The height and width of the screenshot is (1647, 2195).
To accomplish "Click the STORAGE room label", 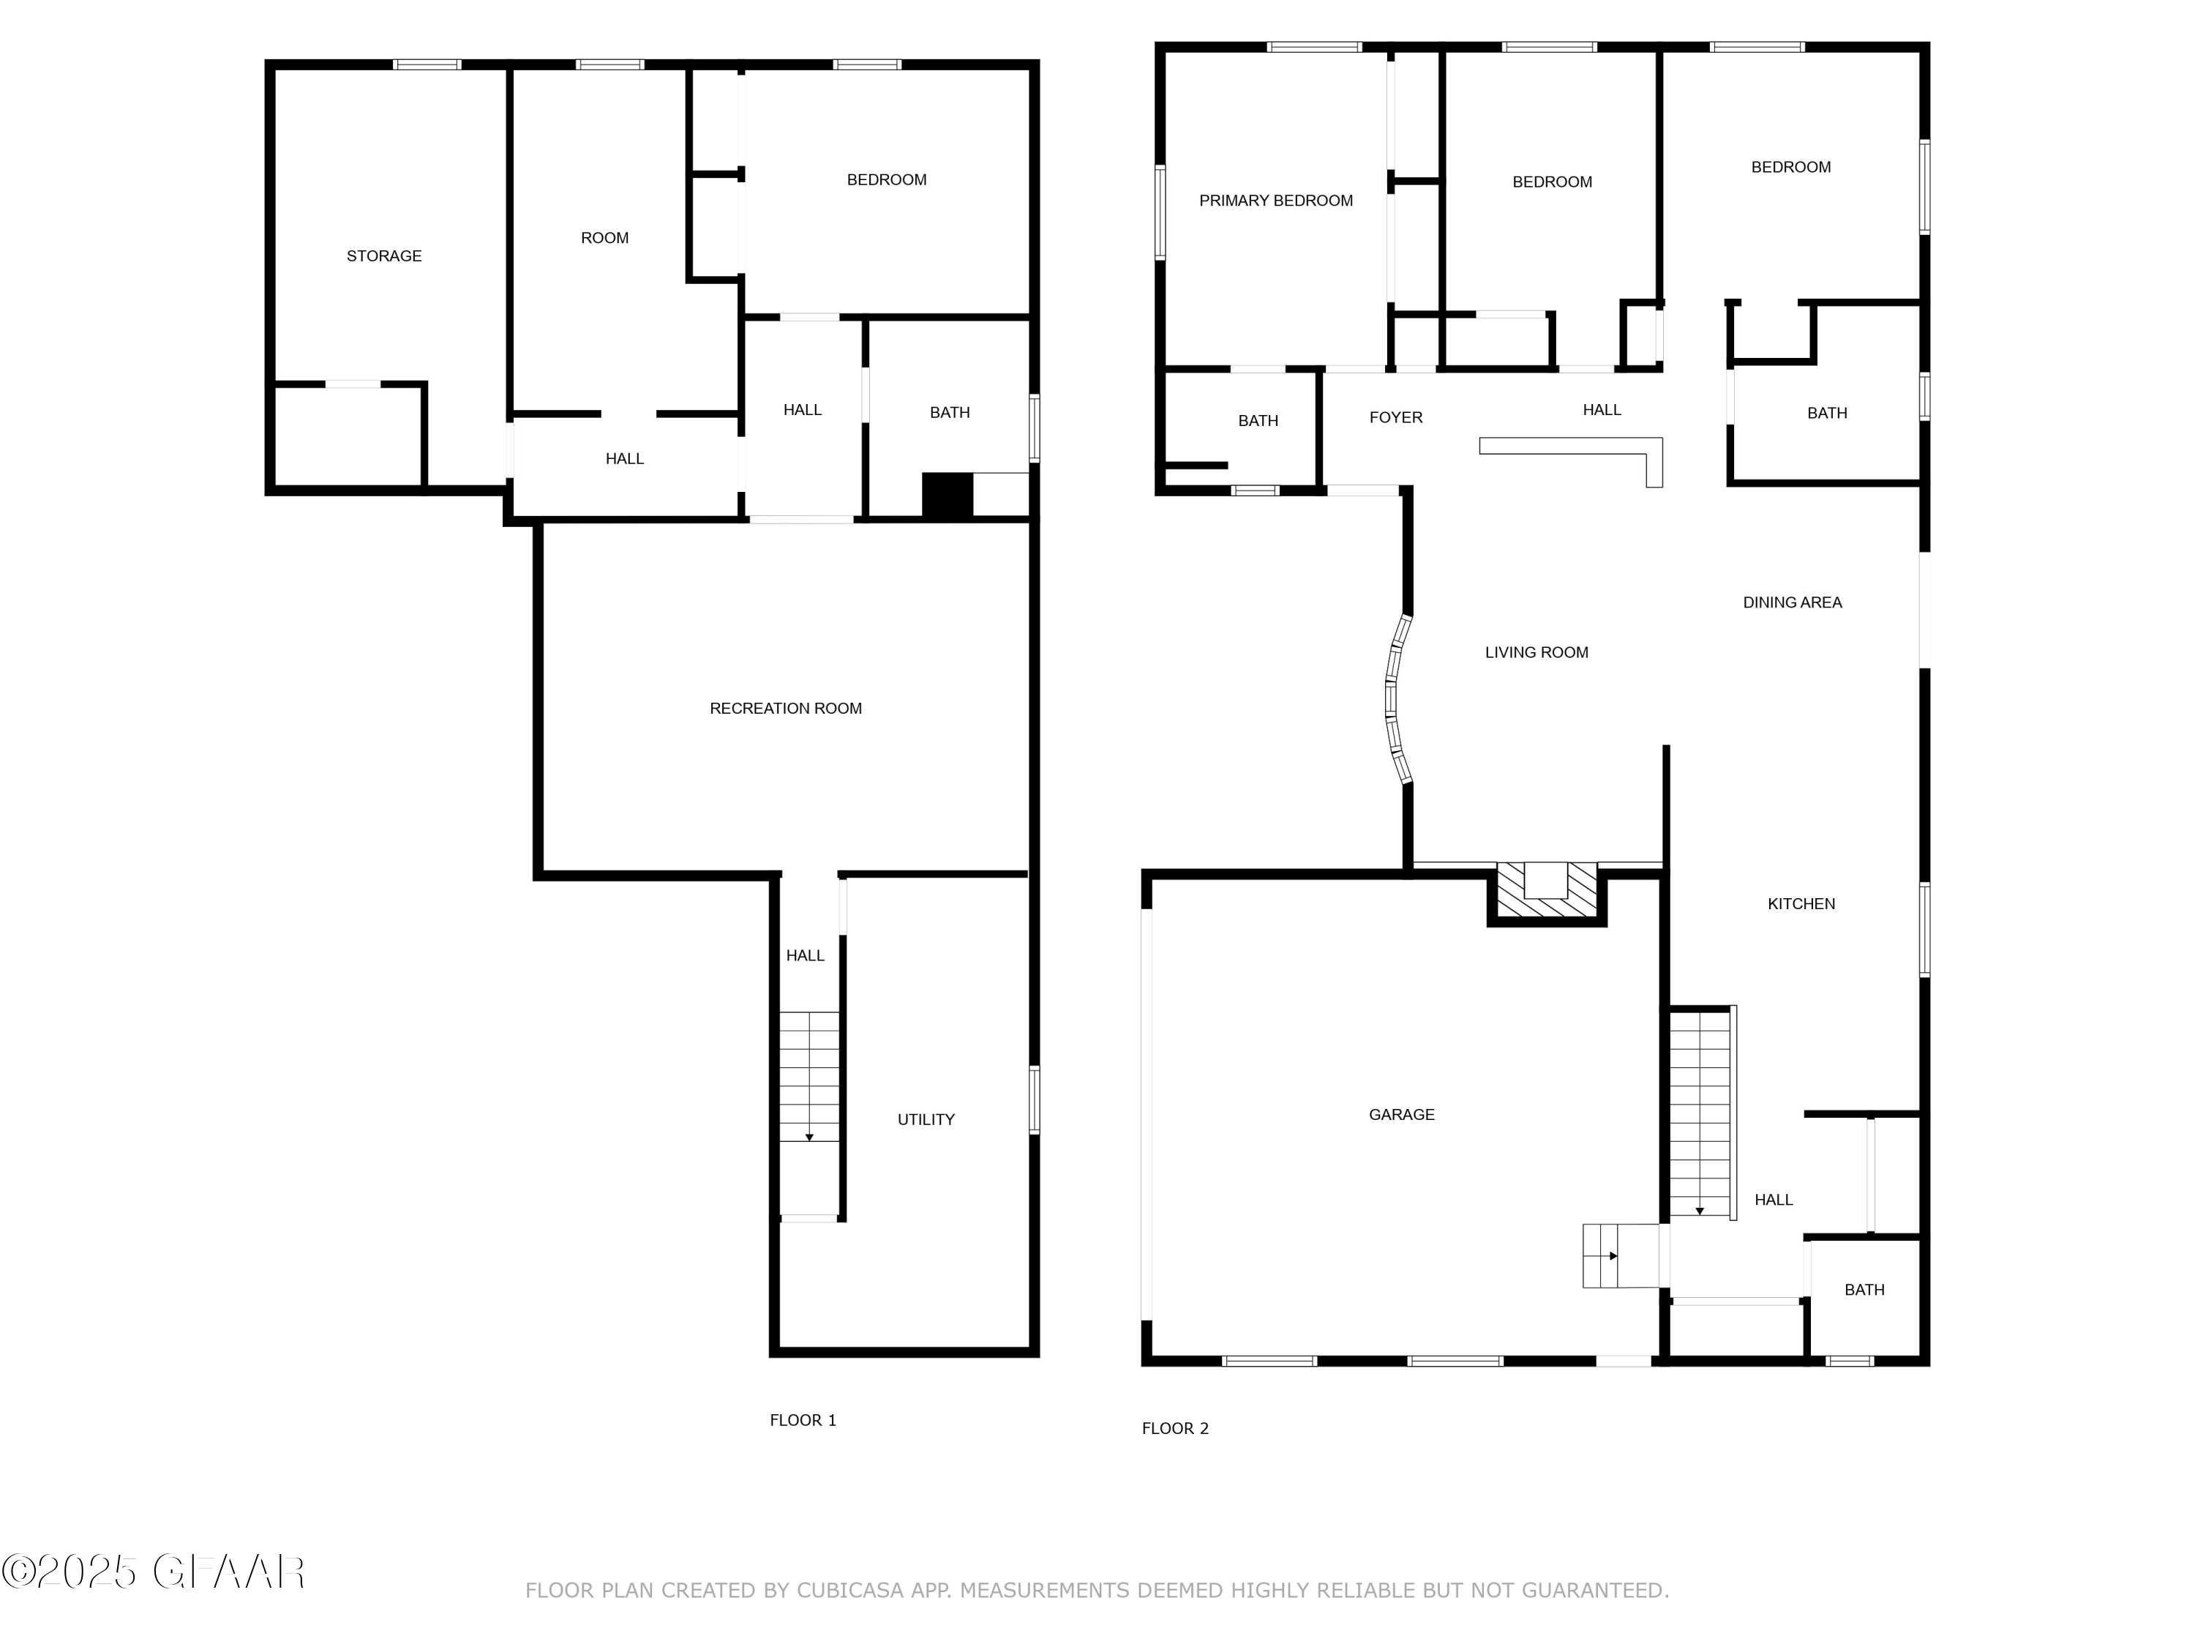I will (x=384, y=256).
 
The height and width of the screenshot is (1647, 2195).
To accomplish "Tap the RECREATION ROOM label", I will (x=785, y=709).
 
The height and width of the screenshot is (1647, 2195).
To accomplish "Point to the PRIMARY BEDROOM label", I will (x=1275, y=201).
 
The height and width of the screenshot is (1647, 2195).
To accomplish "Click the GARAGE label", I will (x=1401, y=1115).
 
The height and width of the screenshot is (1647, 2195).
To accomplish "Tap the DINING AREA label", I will (x=1792, y=602).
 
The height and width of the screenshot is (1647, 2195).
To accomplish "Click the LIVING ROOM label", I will (x=1536, y=653).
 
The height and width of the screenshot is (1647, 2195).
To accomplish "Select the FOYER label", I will (x=1395, y=418).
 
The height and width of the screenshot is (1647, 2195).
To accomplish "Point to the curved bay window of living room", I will (x=1395, y=700).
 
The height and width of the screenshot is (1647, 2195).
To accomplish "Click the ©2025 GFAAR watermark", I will (x=153, y=1572).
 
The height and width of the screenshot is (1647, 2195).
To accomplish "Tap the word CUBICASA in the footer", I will (x=849, y=1591).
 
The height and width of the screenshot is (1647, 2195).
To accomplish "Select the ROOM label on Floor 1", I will (x=604, y=238).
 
